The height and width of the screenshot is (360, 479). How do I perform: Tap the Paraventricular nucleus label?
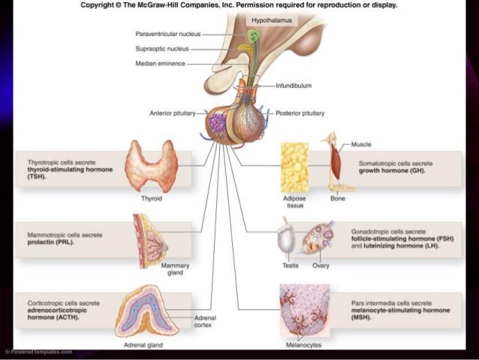point(167,34)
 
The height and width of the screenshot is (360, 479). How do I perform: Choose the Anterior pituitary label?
point(173,113)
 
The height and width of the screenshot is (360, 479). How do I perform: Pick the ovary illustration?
point(318,239)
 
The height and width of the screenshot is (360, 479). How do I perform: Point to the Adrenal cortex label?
point(205,322)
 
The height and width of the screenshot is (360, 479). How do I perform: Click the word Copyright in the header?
point(97,5)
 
